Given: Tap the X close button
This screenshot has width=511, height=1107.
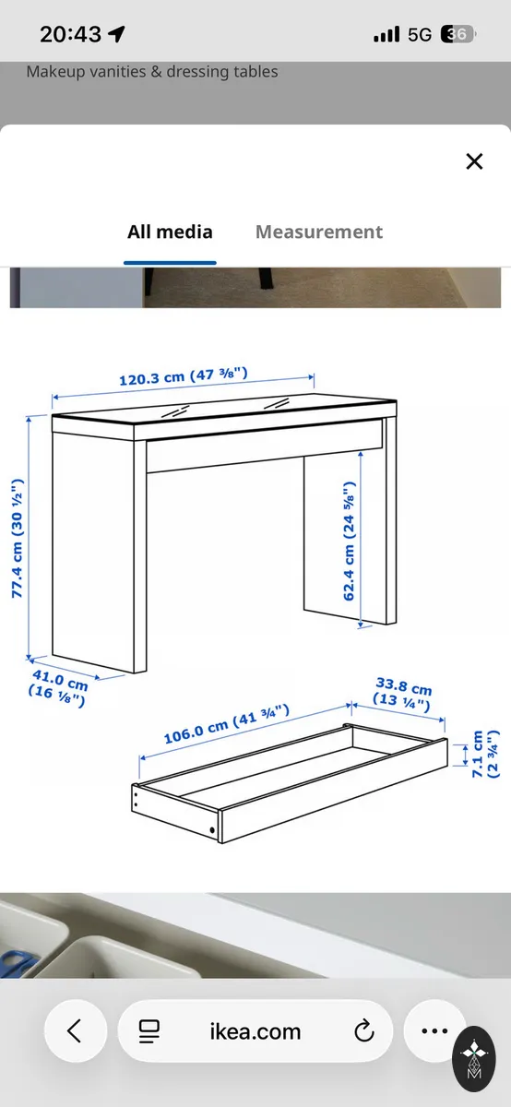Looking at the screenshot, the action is coord(474,161).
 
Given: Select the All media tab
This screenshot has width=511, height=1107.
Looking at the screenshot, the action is coord(170,232).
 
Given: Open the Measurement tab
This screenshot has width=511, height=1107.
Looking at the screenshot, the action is coord(319,232).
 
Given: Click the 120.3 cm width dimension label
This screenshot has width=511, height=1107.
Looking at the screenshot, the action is coord(184,376).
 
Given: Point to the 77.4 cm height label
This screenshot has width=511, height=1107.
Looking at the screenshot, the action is coord(17,538).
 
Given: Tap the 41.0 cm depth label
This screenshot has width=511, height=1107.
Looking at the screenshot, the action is coord(58,688).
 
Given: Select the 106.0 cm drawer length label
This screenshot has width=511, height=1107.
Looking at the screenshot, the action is coord(226,724).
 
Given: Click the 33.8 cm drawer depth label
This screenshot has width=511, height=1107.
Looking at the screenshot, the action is coord(402,694).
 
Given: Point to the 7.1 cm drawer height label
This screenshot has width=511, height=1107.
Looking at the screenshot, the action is coord(485,754).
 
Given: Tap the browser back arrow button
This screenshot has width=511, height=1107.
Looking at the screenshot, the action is coord(75,1031).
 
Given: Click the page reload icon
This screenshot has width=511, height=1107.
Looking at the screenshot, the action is coord(364,1031).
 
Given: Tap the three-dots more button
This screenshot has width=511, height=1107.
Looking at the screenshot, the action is coord(434,1031).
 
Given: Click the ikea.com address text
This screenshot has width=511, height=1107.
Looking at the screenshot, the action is coord(255,1031).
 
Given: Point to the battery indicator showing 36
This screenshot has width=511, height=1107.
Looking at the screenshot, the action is coord(458,34).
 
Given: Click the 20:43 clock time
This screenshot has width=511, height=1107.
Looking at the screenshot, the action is coord(71,34).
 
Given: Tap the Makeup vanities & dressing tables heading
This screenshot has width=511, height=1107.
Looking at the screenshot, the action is coord(151,72).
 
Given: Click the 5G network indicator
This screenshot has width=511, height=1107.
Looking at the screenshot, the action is coord(419,35).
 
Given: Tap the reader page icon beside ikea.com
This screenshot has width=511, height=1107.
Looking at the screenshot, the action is coord(149,1031).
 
